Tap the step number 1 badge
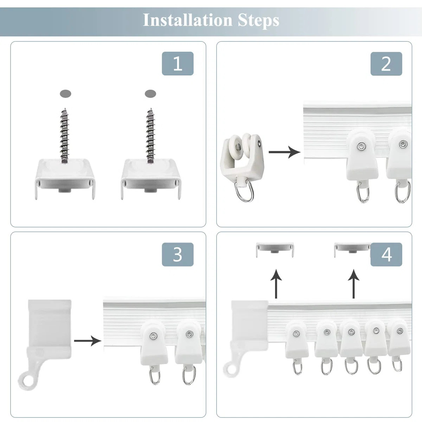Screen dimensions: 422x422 tap(178, 64)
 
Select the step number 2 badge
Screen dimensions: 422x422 tap(386, 64)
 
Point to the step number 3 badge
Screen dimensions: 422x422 tap(178, 254)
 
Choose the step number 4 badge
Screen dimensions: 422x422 tap(386, 254)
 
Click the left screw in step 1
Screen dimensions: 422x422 tap(64, 135)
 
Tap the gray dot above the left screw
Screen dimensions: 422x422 tap(65, 94)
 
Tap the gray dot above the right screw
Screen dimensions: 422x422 tap(151, 94)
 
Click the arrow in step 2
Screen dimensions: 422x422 tap(284, 152)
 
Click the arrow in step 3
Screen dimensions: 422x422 tap(88, 340)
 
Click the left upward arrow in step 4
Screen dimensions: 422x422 tap(276, 284)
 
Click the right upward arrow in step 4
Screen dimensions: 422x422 tap(353, 284)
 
